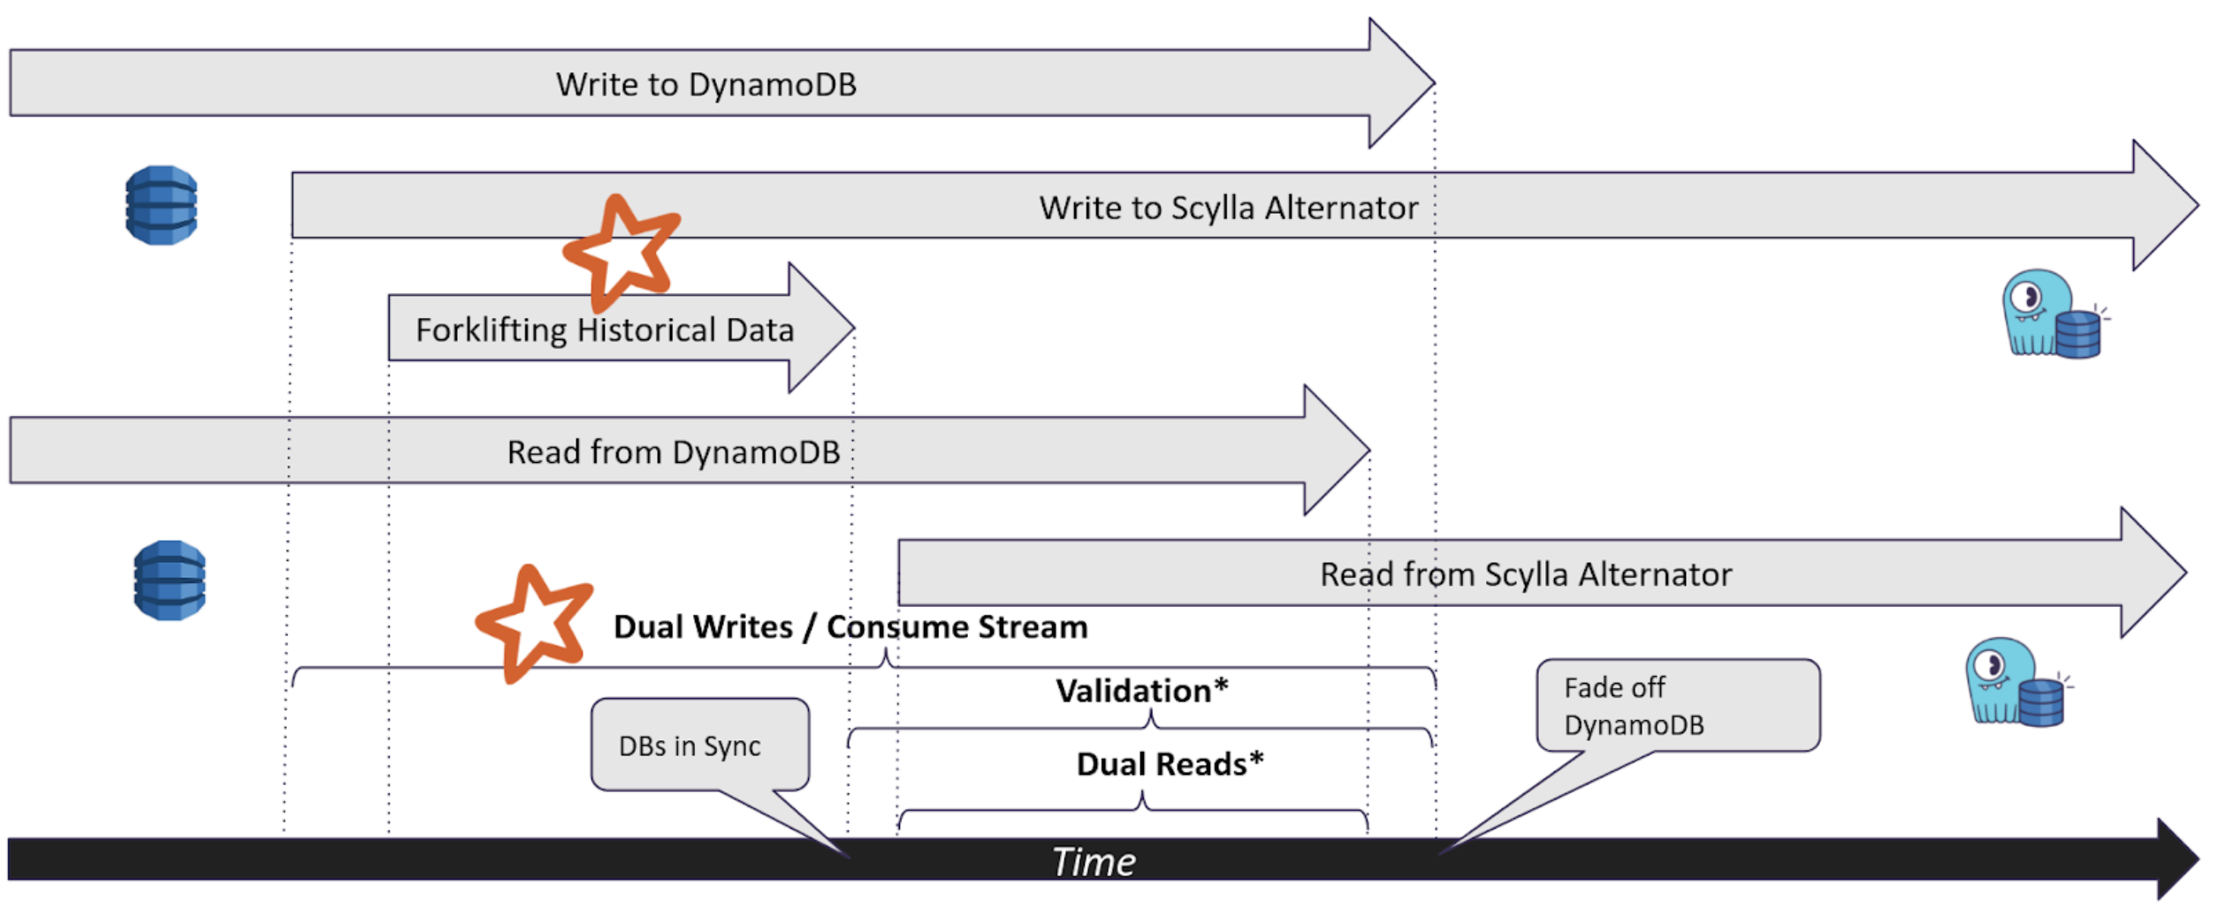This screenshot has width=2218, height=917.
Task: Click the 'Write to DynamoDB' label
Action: [x=705, y=85]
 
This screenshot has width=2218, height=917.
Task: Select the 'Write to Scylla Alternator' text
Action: [x=1228, y=208]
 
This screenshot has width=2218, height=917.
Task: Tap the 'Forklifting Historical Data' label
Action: [x=605, y=330]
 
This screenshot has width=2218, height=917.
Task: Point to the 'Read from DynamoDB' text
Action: [x=673, y=452]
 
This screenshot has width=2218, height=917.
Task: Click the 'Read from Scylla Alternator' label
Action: [x=1526, y=574]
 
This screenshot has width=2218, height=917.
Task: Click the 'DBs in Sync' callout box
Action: [x=700, y=745]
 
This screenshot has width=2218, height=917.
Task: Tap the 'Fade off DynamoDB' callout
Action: [x=1678, y=706]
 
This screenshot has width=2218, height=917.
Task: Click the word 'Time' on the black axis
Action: [x=1094, y=861]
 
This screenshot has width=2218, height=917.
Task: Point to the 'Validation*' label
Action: [x=1142, y=691]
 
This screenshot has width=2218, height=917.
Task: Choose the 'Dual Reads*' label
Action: [x=1170, y=764]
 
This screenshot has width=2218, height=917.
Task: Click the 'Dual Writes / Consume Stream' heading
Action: [x=850, y=627]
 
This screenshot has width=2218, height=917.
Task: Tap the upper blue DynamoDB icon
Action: [x=161, y=205]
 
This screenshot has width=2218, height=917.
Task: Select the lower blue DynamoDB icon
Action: [x=170, y=580]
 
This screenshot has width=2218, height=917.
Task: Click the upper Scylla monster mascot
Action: [x=2054, y=315]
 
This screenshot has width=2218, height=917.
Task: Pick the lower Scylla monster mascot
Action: [x=2017, y=682]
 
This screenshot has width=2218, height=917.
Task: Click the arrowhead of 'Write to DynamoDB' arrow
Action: [x=1401, y=83]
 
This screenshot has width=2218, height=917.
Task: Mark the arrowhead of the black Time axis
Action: [x=2178, y=859]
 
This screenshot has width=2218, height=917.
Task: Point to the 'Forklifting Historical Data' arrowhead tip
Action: [x=854, y=328]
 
